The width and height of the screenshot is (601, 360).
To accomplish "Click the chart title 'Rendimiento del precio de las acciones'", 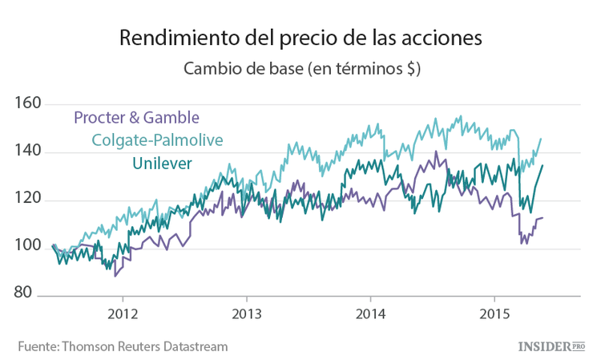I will (301, 38).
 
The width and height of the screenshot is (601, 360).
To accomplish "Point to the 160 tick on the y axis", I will (29, 103).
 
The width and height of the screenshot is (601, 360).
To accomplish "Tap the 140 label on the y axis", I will (29, 152).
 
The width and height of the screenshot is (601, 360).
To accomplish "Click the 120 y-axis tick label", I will (29, 199).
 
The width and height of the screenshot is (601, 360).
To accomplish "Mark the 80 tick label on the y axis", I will (33, 294).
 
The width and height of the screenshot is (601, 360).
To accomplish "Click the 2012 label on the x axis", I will (122, 312).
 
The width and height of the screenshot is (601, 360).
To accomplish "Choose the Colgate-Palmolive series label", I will (157, 140).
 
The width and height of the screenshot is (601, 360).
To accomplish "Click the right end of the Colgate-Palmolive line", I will (541, 139).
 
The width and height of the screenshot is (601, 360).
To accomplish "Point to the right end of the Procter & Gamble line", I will (543, 217).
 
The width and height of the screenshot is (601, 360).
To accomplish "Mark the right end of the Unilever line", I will (543, 166).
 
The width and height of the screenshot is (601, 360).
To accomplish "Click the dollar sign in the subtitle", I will (409, 69).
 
